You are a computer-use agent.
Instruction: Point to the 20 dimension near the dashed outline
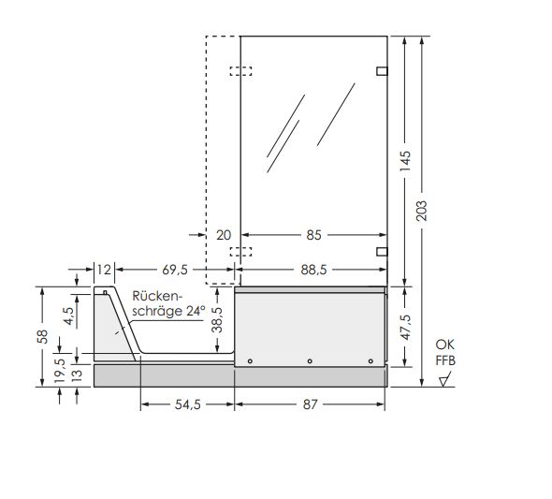pos(224,235)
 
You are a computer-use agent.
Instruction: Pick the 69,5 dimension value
pos(174,270)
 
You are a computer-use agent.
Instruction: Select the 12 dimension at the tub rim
pos(104,270)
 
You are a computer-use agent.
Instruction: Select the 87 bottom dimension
pos(310,404)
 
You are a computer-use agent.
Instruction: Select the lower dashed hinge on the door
pos(240,251)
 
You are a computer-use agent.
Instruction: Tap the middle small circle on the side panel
pos(310,360)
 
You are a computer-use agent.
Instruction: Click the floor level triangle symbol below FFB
pos(443,380)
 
